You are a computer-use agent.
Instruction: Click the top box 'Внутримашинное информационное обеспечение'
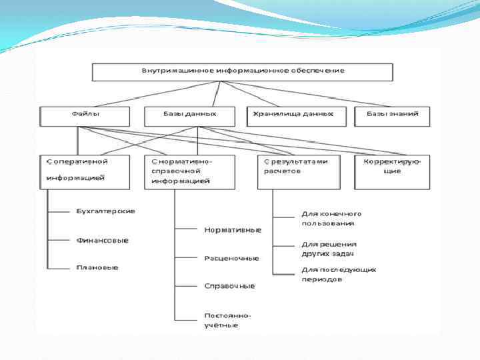(242, 71)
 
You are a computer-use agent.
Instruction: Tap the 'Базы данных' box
(190, 115)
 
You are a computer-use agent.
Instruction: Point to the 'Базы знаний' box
(393, 115)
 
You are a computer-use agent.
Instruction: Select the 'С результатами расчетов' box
(297, 167)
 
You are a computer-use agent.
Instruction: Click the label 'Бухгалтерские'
(105, 211)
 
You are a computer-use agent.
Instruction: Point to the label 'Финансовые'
(102, 240)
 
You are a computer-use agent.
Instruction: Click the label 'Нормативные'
(233, 229)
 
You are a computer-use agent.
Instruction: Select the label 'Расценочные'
(231, 257)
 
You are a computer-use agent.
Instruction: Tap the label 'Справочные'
(229, 285)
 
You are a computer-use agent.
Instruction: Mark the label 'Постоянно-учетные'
(223, 320)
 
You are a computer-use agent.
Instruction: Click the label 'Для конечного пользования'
(331, 219)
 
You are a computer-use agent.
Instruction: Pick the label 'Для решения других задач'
(329, 249)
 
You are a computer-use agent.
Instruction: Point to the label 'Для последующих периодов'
(339, 274)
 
